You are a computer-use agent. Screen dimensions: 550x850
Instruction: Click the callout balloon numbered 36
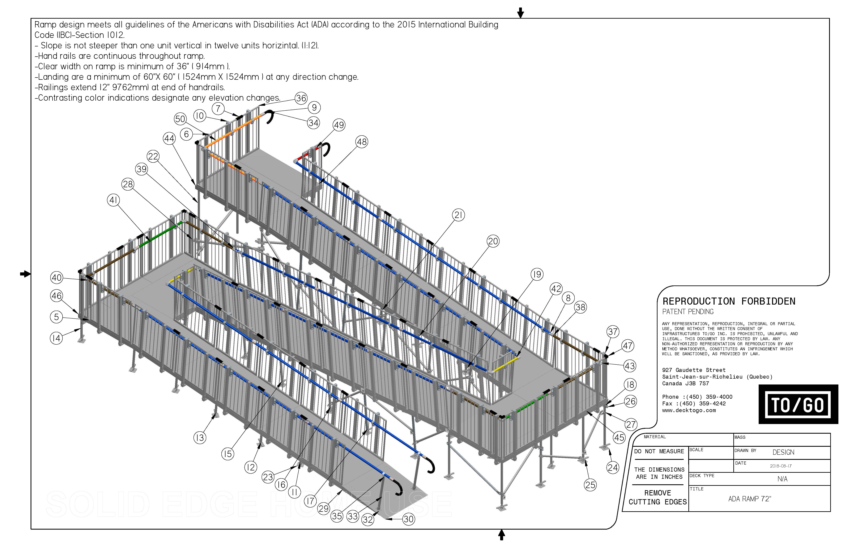301,98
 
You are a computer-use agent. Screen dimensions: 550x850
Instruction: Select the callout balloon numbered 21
458,215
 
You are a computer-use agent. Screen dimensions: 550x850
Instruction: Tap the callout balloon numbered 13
200,438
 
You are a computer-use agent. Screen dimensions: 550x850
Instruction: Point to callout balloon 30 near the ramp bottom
408,519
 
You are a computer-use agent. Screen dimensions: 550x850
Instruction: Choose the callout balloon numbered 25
590,485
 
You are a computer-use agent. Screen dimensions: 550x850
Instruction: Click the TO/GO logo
798,405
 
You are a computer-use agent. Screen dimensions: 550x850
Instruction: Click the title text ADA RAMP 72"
749,499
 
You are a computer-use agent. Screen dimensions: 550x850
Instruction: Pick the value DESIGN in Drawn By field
783,452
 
